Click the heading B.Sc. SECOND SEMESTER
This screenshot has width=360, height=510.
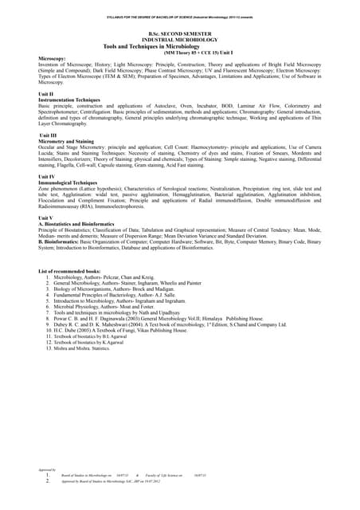(x=180, y=33)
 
